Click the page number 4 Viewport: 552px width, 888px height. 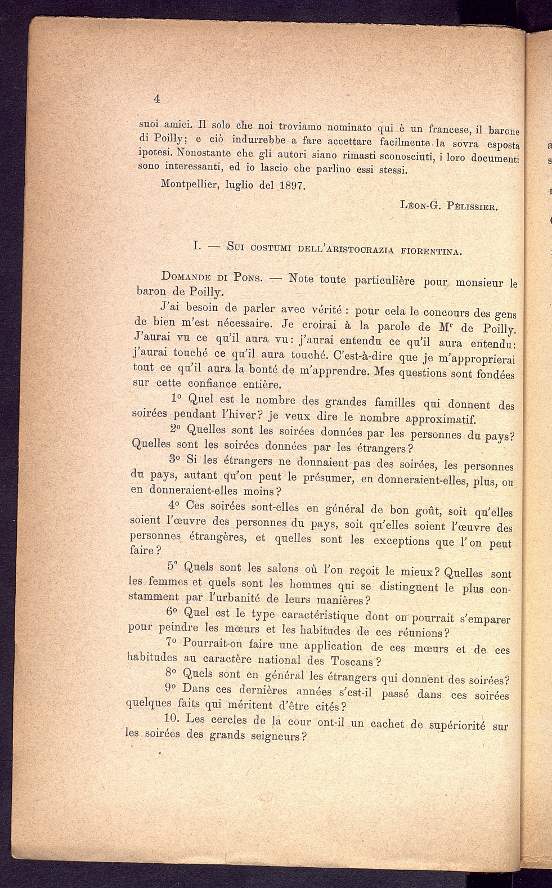point(157,98)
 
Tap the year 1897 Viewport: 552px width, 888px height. point(291,185)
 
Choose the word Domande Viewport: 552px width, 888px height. point(186,276)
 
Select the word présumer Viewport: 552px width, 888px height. point(329,478)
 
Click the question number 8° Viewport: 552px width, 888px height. point(172,673)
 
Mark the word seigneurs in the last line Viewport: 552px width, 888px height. point(278,736)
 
